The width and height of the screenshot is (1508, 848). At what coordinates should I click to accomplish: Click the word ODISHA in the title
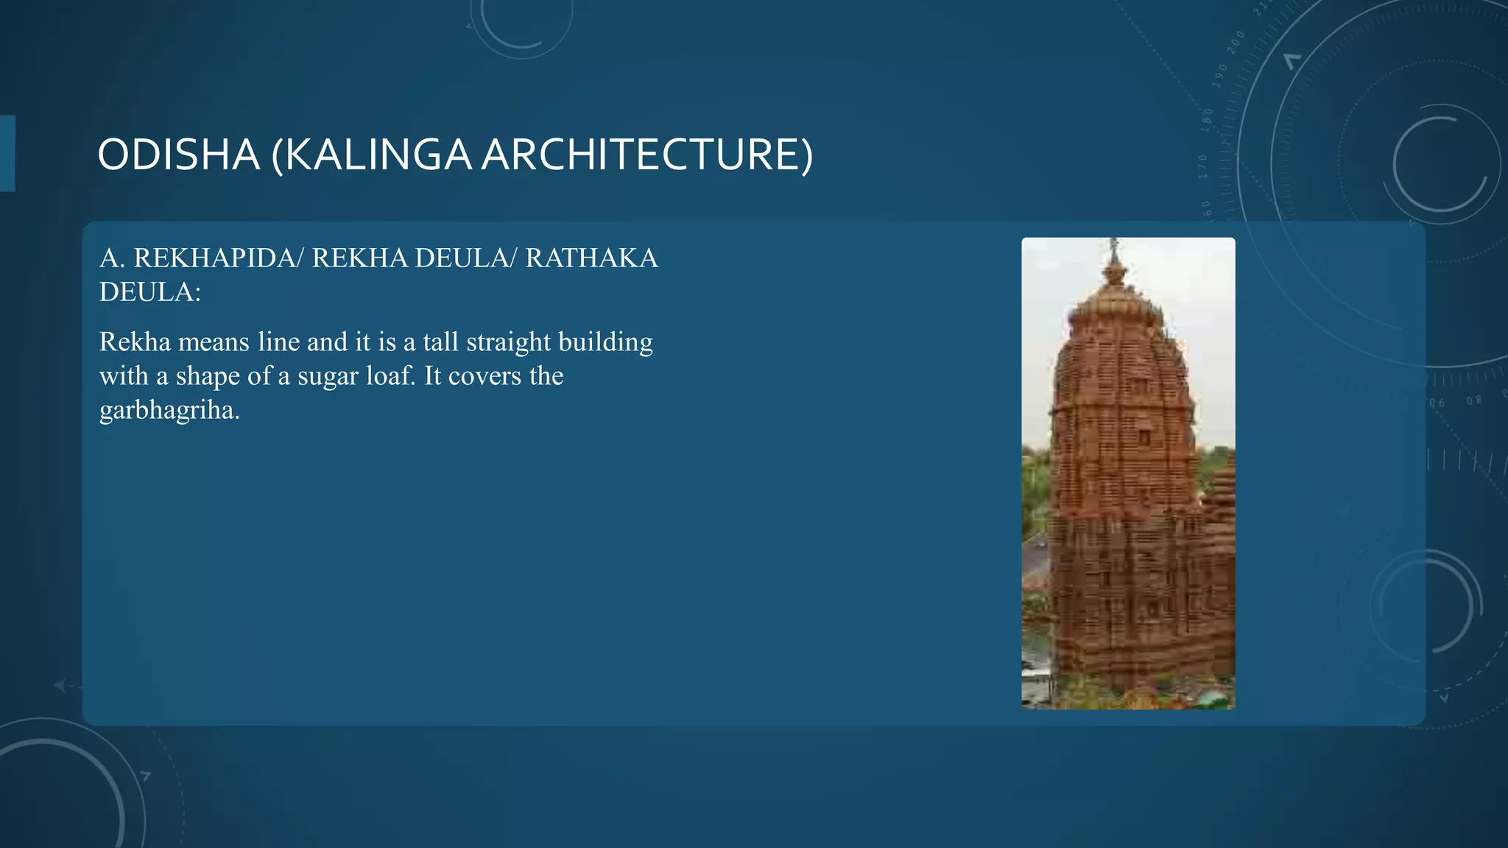point(178,155)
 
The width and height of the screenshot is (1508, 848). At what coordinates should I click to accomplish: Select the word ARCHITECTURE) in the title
point(647,155)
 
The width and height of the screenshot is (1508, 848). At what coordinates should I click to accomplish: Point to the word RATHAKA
point(591,258)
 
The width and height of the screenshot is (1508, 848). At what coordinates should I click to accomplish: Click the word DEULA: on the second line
point(150,292)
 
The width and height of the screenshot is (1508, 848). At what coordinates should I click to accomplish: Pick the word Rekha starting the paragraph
point(135,342)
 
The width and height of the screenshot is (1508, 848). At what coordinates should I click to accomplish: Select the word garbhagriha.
point(169,411)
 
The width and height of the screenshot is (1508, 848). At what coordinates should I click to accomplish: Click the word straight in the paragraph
point(508,342)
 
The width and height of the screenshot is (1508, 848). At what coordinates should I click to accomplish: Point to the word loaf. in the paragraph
point(392,376)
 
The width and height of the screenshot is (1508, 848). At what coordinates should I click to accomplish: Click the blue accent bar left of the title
point(7,153)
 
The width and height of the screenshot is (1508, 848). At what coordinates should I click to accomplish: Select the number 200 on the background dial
point(1236,42)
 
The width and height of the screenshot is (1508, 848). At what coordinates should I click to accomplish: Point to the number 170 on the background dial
point(1202,166)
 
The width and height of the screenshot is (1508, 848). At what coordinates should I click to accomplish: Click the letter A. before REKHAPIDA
point(112,258)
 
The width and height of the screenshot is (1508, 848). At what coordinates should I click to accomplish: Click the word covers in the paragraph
point(485,376)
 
